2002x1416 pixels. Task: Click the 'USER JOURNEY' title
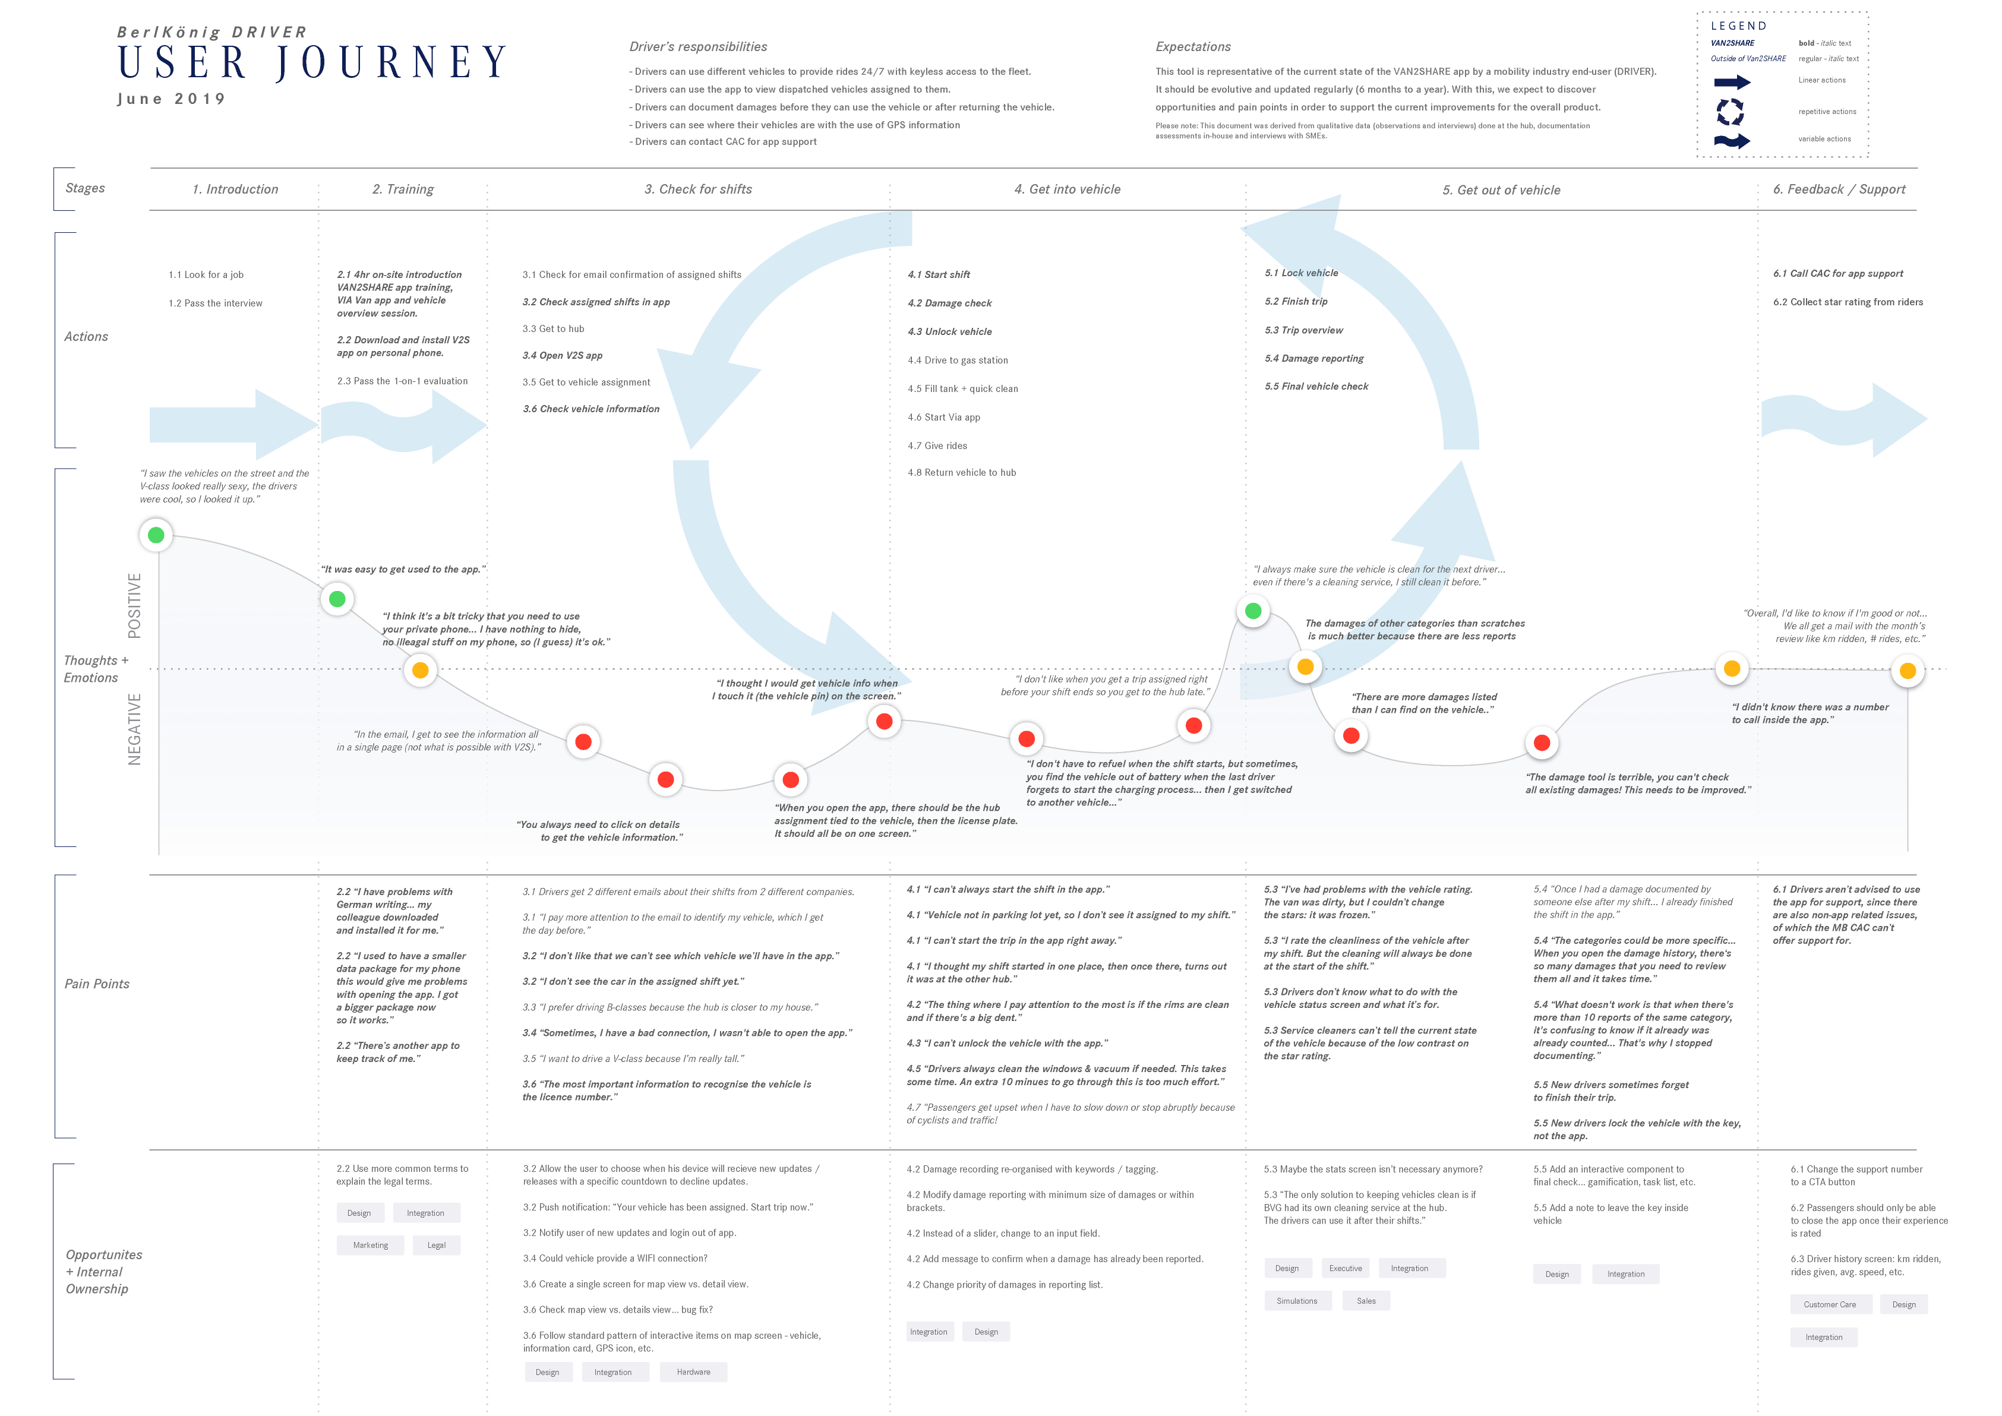(312, 63)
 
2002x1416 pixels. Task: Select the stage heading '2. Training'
(403, 189)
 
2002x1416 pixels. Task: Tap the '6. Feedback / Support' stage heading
(1839, 189)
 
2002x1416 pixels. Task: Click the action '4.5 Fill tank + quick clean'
(962, 389)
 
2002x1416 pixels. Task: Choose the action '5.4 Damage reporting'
(1314, 358)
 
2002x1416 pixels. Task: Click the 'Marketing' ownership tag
(371, 1245)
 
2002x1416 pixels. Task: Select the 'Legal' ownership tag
(437, 1245)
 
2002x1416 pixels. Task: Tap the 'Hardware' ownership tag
(693, 1371)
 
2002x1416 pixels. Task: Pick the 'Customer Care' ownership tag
(1829, 1304)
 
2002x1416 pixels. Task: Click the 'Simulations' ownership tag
(1297, 1301)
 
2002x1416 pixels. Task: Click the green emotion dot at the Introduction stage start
(156, 535)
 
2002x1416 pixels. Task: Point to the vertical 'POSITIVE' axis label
(134, 605)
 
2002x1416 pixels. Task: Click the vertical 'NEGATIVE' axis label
(134, 730)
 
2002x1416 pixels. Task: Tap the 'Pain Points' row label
(97, 984)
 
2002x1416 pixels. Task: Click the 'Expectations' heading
(1193, 47)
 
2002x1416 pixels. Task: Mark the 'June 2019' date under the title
(172, 99)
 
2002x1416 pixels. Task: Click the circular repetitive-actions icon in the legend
(1730, 112)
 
